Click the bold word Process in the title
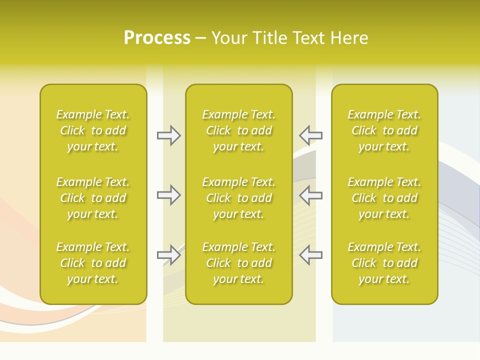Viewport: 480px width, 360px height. coord(157,38)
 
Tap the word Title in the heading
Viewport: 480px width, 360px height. coord(269,38)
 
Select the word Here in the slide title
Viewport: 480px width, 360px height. coord(350,38)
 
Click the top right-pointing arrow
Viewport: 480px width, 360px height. coord(168,135)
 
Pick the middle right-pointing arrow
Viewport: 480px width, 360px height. coord(168,195)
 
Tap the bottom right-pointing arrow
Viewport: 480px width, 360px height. coord(168,255)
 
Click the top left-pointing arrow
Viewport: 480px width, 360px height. coord(311,135)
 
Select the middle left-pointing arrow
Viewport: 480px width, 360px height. coord(311,195)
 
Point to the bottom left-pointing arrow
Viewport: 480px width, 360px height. coord(311,255)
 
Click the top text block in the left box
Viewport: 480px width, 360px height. coord(93,130)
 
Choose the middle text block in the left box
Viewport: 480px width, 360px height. coord(93,198)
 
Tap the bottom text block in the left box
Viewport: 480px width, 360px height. coord(93,263)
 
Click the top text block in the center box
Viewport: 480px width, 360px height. coord(239,130)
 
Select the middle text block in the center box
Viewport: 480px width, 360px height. coord(239,198)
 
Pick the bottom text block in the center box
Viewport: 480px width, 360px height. coord(239,263)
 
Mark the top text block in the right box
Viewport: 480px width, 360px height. coord(384,130)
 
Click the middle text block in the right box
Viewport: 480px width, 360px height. coord(384,198)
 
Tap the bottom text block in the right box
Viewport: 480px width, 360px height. coord(384,263)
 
